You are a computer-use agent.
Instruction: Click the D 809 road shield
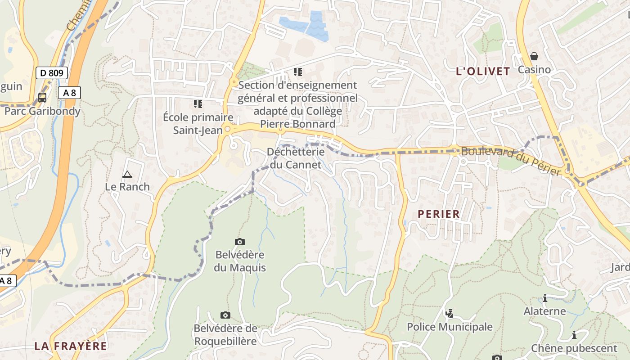pos(52,73)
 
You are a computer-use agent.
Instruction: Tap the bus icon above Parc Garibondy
pos(42,97)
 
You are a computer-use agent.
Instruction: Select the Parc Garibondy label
pos(42,111)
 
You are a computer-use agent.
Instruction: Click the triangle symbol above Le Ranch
pos(127,174)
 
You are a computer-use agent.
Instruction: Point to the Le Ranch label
pos(127,186)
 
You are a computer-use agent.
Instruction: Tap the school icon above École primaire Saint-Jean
pos(198,104)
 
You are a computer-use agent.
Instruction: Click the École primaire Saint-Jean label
pos(198,124)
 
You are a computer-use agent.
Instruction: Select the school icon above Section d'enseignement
pos(297,72)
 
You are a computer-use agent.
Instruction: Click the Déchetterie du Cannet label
pos(296,158)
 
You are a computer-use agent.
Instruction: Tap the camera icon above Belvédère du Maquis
pos(240,242)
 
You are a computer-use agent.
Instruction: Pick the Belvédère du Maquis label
pos(240,261)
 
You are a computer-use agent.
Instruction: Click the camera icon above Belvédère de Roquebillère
pos(225,315)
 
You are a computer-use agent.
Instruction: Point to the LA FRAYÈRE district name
pos(71,346)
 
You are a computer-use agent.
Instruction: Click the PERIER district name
pos(439,214)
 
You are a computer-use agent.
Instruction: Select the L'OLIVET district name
pos(483,71)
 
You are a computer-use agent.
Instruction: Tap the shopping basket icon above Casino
pos(534,56)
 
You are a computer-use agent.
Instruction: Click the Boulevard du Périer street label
pos(511,161)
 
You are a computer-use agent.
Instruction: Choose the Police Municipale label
pos(450,327)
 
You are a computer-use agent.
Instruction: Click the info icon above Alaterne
pos(545,298)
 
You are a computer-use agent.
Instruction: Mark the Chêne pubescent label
pos(574,348)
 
